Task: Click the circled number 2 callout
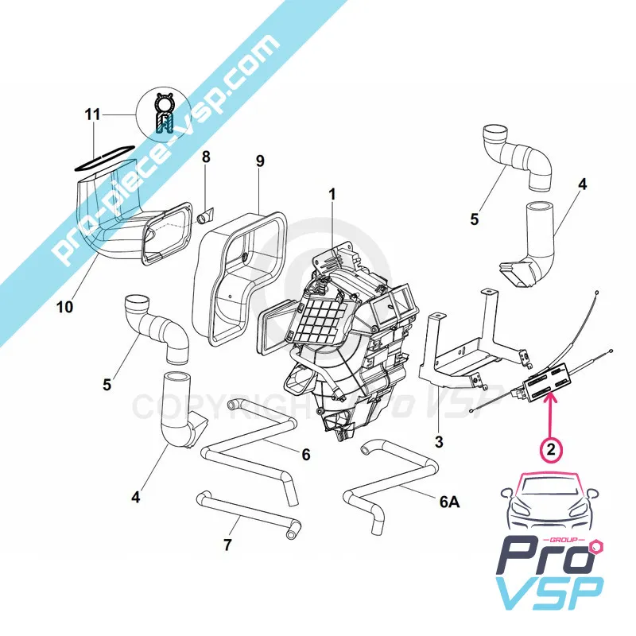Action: [551, 450]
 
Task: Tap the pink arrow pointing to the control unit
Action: [551, 415]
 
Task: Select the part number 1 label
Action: [332, 195]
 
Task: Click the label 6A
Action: [450, 502]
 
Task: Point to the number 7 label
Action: [227, 545]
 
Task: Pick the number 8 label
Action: [207, 157]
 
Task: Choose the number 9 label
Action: [260, 161]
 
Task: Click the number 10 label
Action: [65, 307]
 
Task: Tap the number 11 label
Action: [92, 114]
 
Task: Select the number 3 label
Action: [439, 441]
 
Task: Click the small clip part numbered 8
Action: [207, 215]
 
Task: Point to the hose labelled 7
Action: [248, 516]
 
